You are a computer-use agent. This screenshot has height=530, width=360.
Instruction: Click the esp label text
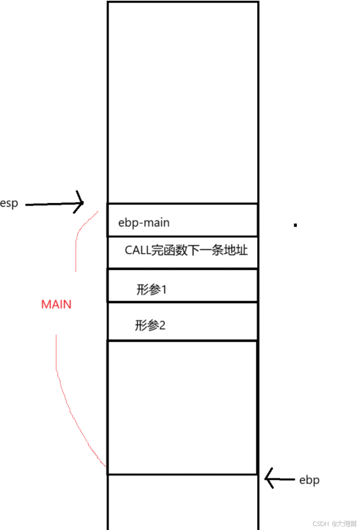9,204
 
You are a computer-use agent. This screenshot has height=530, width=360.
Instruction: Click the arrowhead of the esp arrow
81,203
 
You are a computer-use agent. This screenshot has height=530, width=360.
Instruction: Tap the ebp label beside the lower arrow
309,480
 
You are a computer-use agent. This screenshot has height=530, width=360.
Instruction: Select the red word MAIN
56,304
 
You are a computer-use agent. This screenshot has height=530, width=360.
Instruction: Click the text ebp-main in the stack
144,222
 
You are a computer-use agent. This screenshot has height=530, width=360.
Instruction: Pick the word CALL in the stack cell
138,250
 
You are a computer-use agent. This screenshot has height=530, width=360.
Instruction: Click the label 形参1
152,290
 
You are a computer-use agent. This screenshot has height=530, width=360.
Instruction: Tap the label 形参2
150,325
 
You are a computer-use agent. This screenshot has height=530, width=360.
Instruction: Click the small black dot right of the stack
295,225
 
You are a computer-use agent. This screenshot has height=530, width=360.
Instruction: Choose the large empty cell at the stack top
182,102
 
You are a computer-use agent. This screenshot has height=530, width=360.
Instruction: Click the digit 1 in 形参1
165,290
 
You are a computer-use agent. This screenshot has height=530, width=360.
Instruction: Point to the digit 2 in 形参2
162,325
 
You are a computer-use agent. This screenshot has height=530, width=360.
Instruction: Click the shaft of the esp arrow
51,204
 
